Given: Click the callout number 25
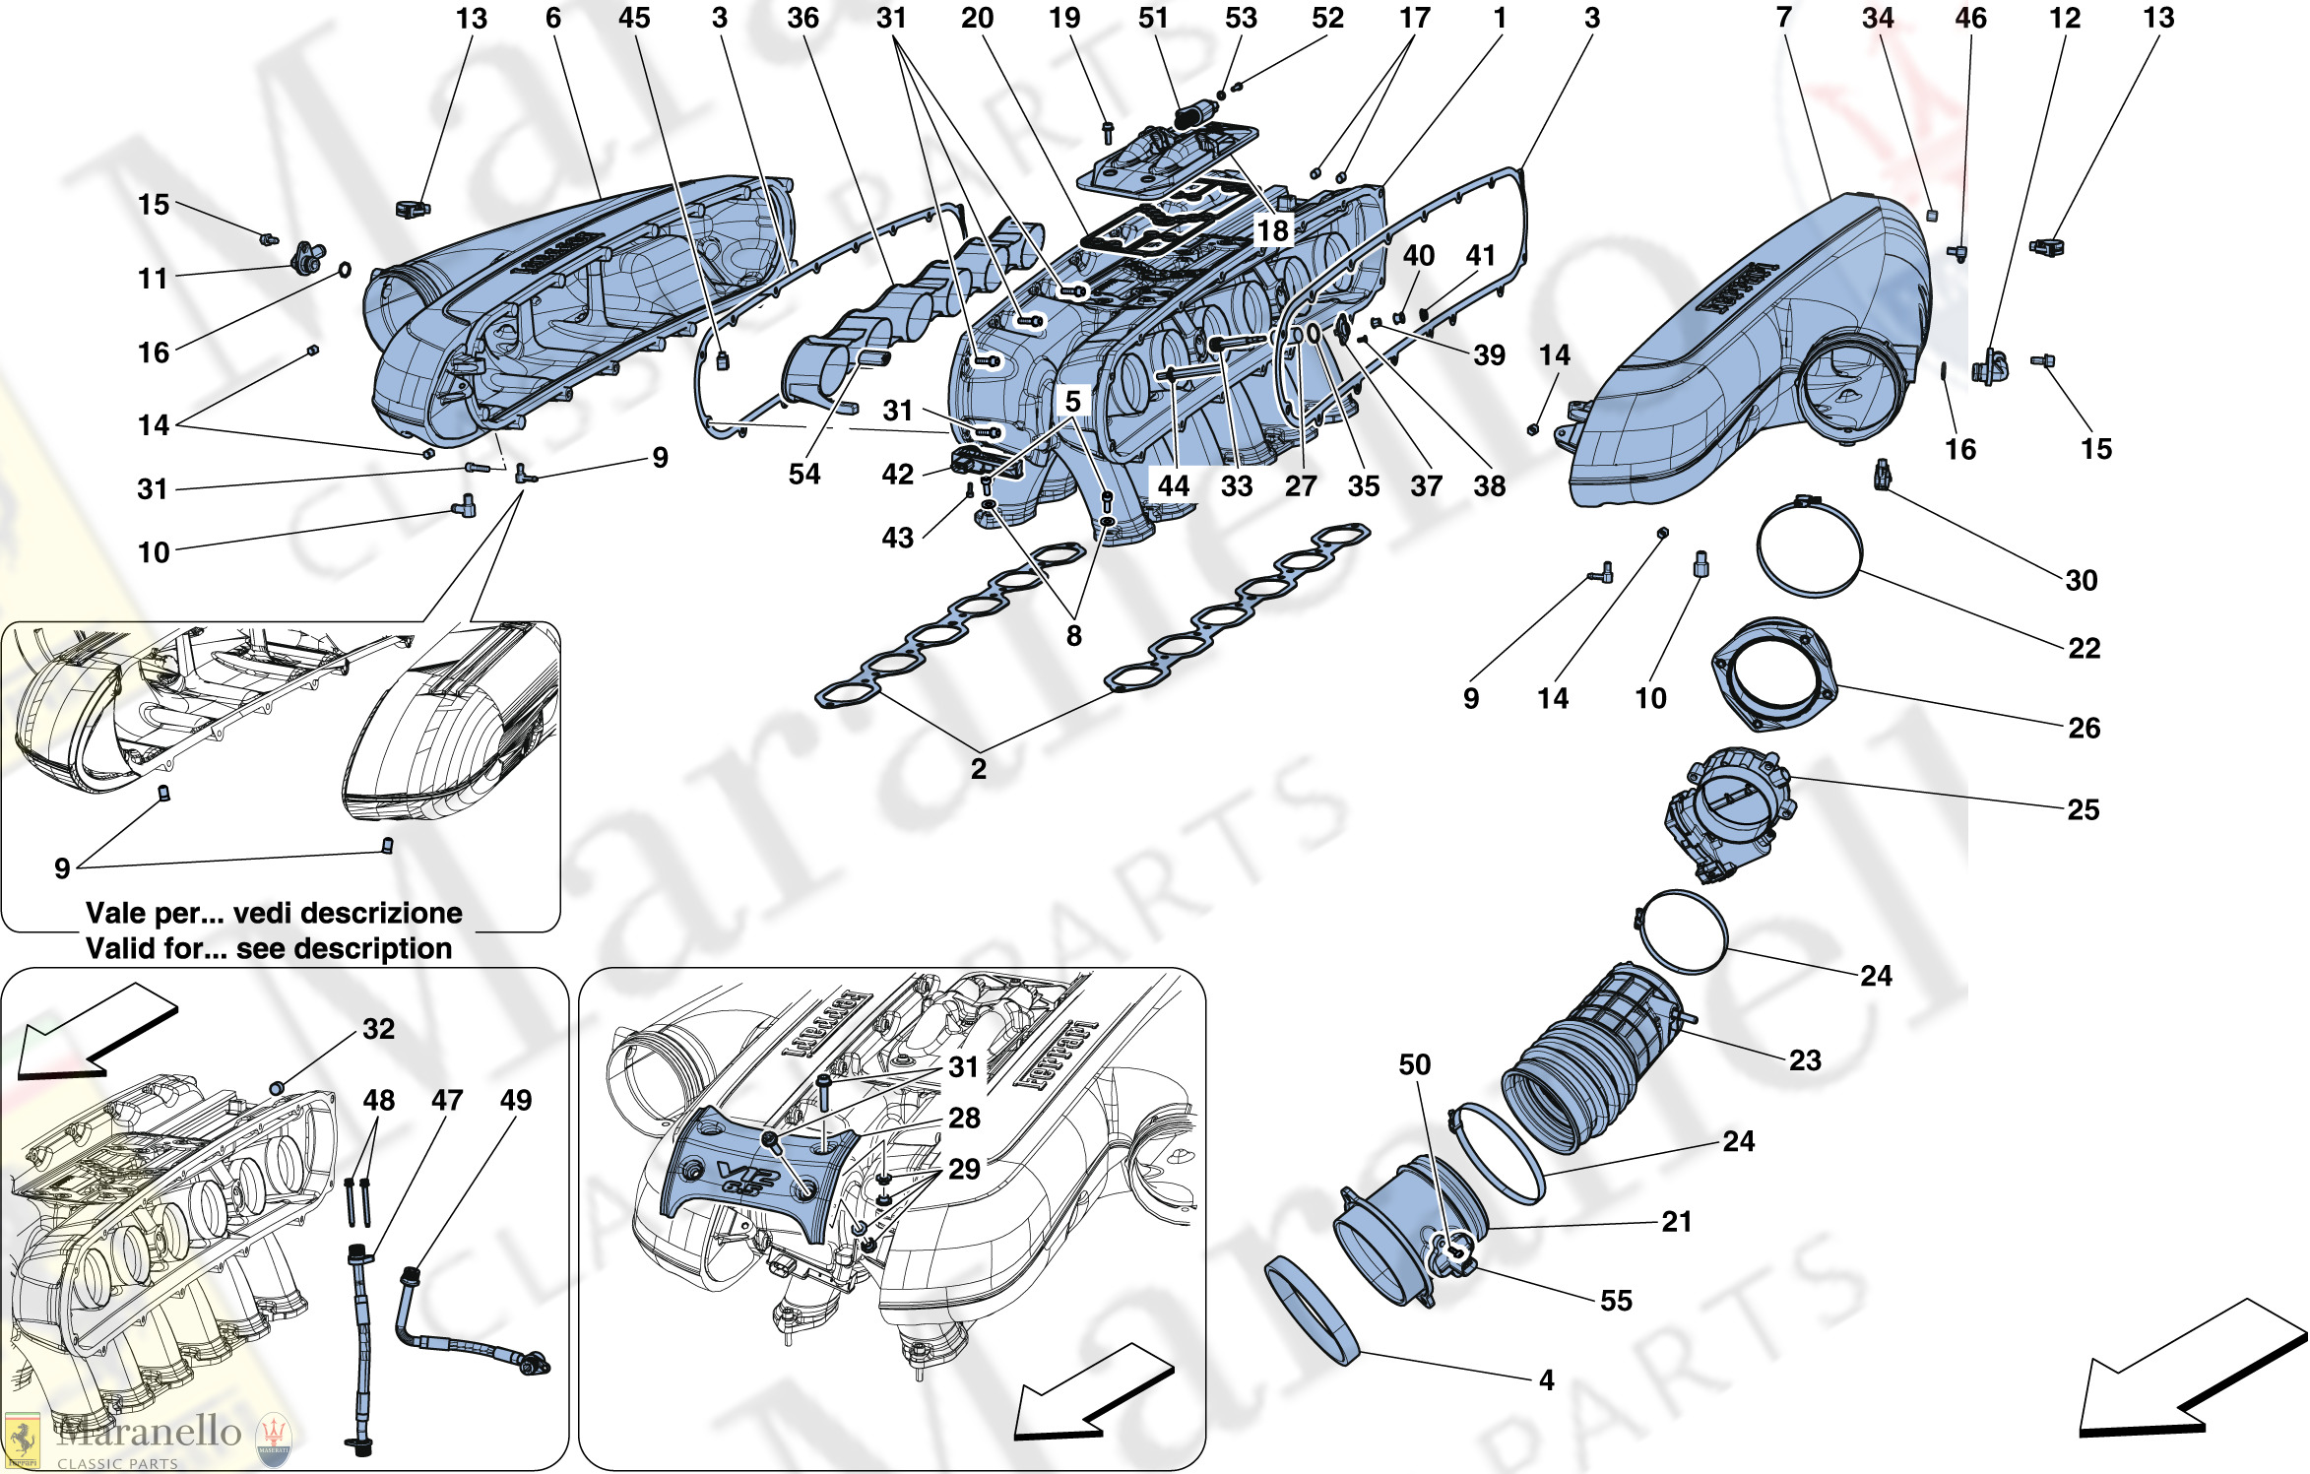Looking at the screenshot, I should pyautogui.click(x=2083, y=809).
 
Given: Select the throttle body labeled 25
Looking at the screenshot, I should pyautogui.click(x=1729, y=813).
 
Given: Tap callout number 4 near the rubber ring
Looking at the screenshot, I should pyautogui.click(x=1546, y=1380).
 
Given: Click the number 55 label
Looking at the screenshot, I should pyautogui.click(x=1616, y=1301).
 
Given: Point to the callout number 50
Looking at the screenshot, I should pyautogui.click(x=1414, y=1064).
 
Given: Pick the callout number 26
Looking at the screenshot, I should pyautogui.click(x=2084, y=728).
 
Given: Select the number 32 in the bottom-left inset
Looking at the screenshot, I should pyautogui.click(x=378, y=1029).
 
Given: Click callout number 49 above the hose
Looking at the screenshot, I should pyautogui.click(x=515, y=1100).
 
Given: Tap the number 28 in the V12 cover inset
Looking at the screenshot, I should pyautogui.click(x=964, y=1118).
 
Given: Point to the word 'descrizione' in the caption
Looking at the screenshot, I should pyautogui.click(x=397, y=913).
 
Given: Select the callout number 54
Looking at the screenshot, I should pyautogui.click(x=803, y=475).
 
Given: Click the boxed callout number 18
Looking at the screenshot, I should pyautogui.click(x=1272, y=230).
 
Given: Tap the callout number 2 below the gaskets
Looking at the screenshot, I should pyautogui.click(x=978, y=769).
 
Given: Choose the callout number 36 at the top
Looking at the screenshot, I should pyautogui.click(x=802, y=18).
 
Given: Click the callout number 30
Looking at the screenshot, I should pyautogui.click(x=2081, y=580).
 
